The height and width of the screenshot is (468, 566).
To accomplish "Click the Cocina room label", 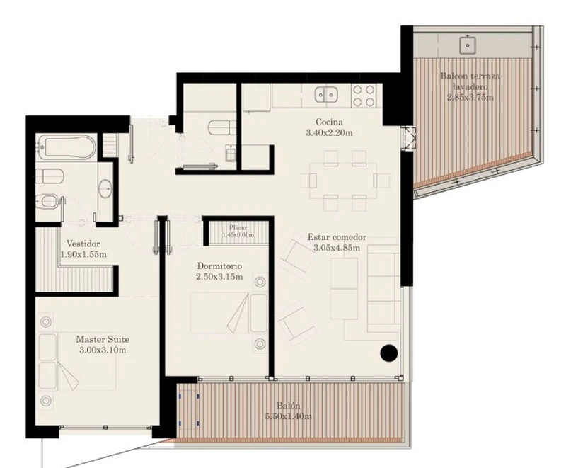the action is [x=329, y=122].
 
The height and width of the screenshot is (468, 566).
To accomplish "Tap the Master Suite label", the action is [x=103, y=339].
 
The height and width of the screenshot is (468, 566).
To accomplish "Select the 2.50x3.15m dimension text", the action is [x=219, y=277].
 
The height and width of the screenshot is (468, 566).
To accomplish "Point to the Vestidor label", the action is [x=83, y=244].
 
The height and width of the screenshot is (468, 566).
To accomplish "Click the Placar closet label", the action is [x=238, y=227].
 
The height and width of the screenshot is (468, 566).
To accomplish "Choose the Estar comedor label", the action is [x=337, y=237].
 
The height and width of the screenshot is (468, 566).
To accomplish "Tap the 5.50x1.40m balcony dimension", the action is [x=289, y=416].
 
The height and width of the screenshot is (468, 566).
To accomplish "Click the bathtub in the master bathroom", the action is [x=66, y=147].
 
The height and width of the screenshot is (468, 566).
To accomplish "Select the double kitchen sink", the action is [x=326, y=95].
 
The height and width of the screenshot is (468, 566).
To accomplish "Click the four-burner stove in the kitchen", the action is [x=364, y=96].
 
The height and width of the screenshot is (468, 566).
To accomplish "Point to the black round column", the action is [x=389, y=353].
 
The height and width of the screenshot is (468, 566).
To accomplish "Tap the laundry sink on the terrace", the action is [x=468, y=45].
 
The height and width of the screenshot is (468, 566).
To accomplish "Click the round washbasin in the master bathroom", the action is [x=105, y=188].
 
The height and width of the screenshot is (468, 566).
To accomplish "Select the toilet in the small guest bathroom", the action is [x=222, y=127].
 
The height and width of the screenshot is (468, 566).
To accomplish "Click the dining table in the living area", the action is [x=343, y=181].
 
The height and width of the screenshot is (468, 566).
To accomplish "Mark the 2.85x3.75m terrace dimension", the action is [x=470, y=97].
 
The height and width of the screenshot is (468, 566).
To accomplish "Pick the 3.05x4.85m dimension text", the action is [x=337, y=248].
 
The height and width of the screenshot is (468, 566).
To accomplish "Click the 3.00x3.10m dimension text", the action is [x=103, y=350].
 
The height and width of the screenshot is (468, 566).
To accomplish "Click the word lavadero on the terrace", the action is [x=470, y=86].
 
